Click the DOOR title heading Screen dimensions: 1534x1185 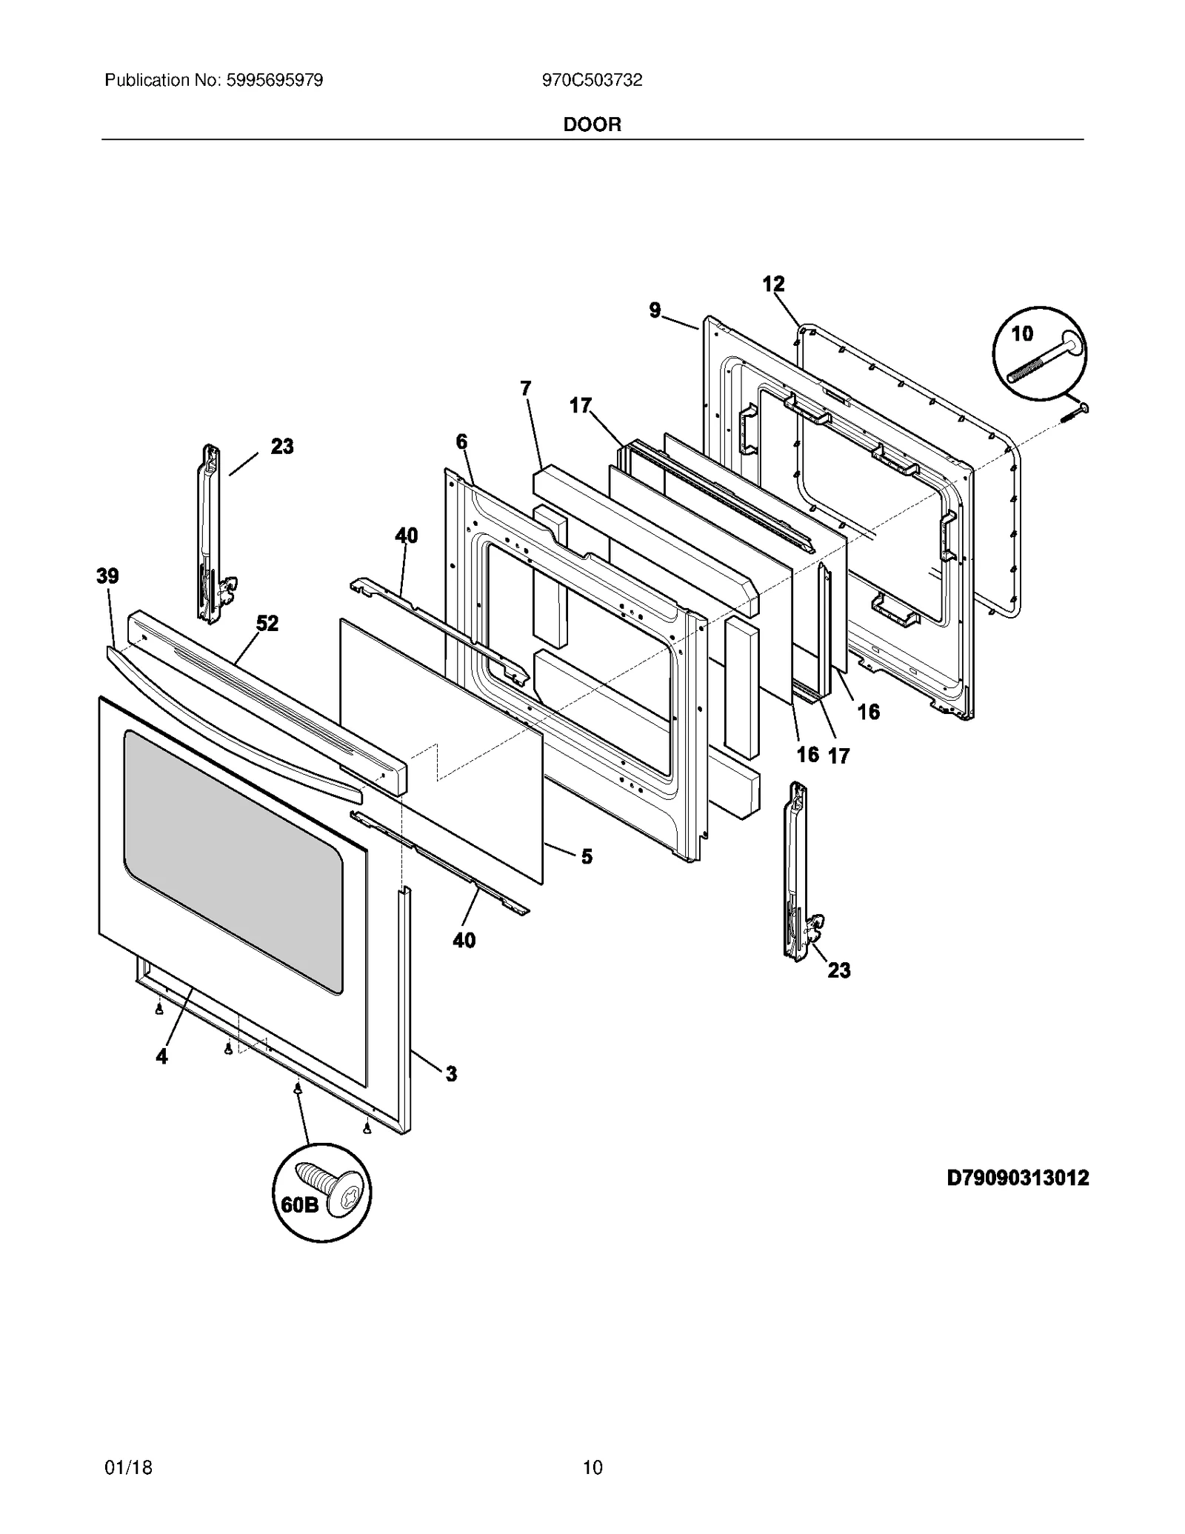point(592,124)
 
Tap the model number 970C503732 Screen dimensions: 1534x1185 point(592,80)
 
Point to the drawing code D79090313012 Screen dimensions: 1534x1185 point(1018,1177)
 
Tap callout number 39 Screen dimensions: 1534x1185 point(107,576)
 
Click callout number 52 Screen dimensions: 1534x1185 point(267,623)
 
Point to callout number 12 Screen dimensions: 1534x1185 point(773,283)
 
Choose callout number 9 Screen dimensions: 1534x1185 point(655,310)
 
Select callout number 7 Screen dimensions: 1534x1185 point(525,387)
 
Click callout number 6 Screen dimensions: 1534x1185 point(461,441)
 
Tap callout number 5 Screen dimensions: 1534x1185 point(587,856)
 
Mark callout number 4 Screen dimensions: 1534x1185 point(161,1057)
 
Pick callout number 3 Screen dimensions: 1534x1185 point(450,1073)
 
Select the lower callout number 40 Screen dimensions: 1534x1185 point(464,940)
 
